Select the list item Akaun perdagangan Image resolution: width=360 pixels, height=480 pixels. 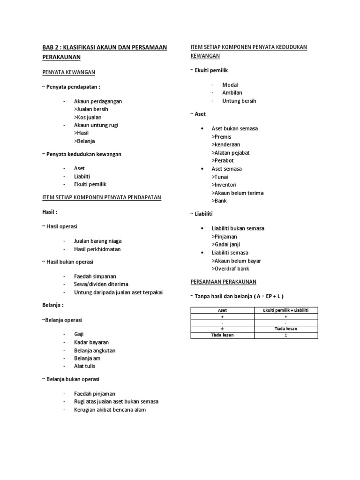pos(97,101)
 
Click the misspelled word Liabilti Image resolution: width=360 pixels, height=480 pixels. pos(84,176)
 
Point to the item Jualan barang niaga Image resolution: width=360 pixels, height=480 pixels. pos(97,241)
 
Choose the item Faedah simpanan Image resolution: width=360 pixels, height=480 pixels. pos(95,276)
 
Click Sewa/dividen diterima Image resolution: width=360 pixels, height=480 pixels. pos(101,284)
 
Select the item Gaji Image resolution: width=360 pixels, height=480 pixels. pos(79,334)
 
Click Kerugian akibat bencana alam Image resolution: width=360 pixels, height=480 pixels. pos(110,410)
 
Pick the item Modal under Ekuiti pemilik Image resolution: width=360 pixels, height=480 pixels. pos(230,85)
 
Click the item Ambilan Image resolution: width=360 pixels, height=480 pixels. pos(232,93)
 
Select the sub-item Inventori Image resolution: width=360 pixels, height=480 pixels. pos(227,185)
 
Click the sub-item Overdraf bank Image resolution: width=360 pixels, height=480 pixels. pos(230,269)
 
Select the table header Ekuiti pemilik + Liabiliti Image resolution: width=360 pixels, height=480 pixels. pos(285,310)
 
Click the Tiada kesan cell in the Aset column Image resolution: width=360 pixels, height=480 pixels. pos(222,335)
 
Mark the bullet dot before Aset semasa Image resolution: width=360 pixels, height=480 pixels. pos(202,169)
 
